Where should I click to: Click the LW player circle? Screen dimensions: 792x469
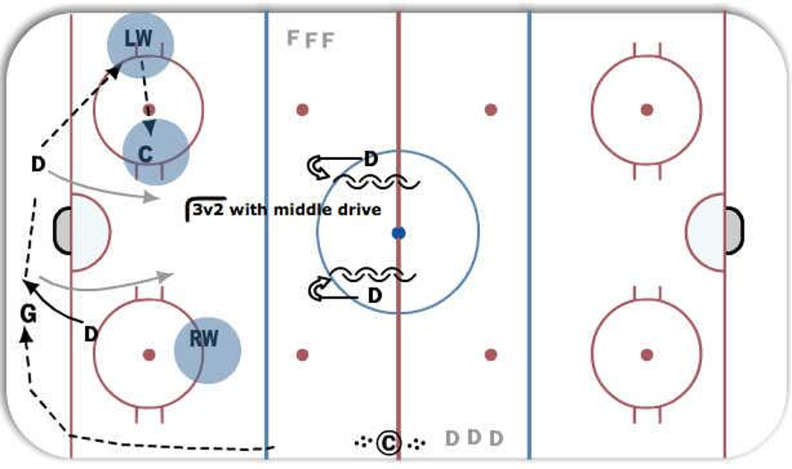[140, 45]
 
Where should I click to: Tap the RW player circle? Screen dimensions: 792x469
[207, 350]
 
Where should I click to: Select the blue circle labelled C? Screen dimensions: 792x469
[156, 153]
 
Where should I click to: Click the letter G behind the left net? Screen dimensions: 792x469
[29, 314]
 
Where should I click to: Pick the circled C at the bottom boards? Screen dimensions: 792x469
[389, 443]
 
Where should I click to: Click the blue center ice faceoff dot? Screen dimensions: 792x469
[399, 233]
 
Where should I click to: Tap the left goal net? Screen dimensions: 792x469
[63, 231]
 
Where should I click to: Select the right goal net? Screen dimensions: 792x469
[734, 230]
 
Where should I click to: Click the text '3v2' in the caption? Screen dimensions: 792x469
[208, 209]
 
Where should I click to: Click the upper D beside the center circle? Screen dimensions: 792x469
[371, 159]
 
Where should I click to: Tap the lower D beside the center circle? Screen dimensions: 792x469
[375, 296]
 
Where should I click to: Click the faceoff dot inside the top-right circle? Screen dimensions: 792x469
[646, 110]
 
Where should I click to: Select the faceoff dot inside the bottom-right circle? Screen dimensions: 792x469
[646, 355]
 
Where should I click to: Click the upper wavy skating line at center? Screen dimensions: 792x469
[376, 181]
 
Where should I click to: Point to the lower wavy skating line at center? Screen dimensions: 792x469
[373, 275]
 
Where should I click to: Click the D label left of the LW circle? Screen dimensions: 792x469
[38, 164]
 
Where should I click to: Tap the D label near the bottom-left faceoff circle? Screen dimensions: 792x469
[91, 334]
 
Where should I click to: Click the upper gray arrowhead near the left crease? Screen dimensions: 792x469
[152, 197]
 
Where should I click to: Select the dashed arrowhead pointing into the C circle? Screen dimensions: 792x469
[149, 127]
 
